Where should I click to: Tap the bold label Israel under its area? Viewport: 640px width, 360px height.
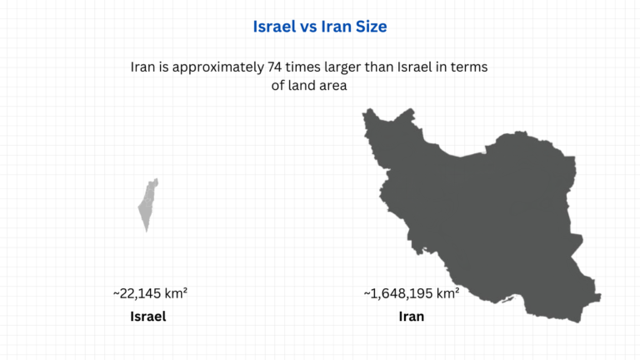[148, 317]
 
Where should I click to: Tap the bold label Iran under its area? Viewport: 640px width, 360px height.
[412, 317]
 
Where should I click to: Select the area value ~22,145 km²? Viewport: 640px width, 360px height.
[150, 293]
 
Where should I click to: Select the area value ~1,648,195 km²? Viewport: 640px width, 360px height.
[412, 293]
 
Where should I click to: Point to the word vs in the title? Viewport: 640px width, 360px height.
[307, 27]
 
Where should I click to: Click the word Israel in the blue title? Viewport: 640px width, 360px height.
[274, 27]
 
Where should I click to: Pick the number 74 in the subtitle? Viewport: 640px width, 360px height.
[277, 67]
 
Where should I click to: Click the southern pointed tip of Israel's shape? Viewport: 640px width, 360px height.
[147, 231]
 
